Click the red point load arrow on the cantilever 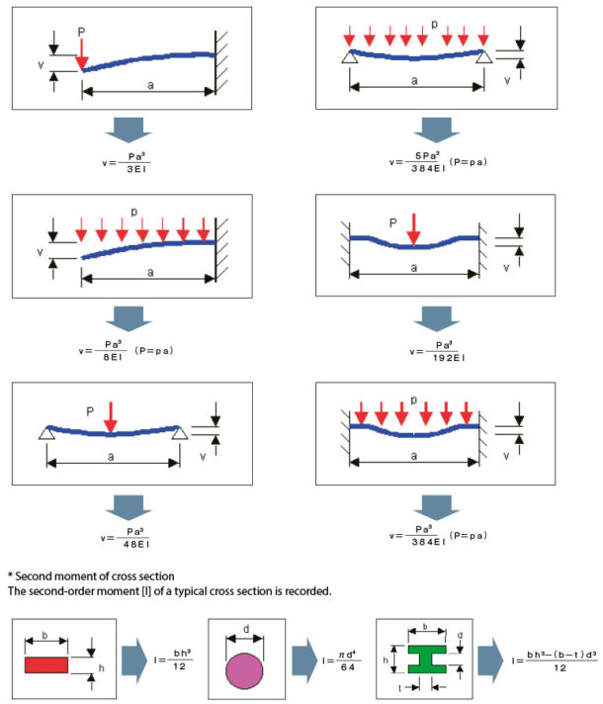pyautogui.click(x=82, y=53)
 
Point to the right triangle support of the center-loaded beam pyautogui.click(x=179, y=433)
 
